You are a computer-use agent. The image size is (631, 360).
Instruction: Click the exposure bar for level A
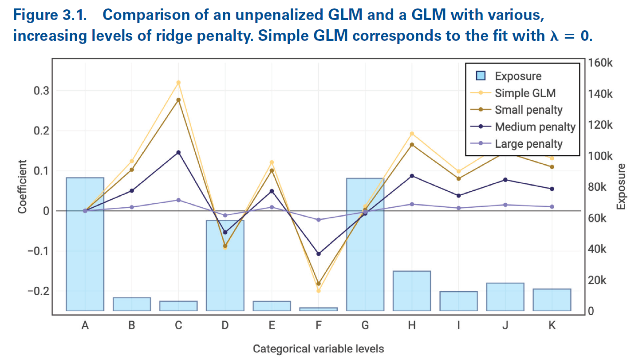pyautogui.click(x=85, y=244)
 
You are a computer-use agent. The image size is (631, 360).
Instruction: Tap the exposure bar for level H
pyautogui.click(x=412, y=291)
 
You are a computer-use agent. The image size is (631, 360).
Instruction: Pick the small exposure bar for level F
pyautogui.click(x=318, y=309)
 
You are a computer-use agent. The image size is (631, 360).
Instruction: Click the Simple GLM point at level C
pyautogui.click(x=178, y=83)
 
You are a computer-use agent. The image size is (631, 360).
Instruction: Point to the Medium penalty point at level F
pyautogui.click(x=318, y=254)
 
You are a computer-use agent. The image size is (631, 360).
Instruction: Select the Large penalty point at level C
pyautogui.click(x=178, y=200)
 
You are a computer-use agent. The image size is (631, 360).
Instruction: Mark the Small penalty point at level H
pyautogui.click(x=412, y=145)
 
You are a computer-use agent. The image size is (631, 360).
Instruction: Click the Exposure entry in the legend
pyautogui.click(x=518, y=76)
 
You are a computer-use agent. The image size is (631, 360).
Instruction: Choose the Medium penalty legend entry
pyautogui.click(x=535, y=127)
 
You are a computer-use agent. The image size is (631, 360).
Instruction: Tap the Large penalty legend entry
pyautogui.click(x=528, y=144)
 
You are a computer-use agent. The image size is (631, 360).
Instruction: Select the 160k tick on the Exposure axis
pyautogui.click(x=602, y=63)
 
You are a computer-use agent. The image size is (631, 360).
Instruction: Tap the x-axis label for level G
pyautogui.click(x=365, y=325)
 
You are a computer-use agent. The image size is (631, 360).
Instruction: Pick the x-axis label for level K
pyautogui.click(x=552, y=325)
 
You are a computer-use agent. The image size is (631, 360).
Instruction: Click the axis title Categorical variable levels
pyautogui.click(x=318, y=349)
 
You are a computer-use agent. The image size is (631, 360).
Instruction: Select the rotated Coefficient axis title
pyautogui.click(x=23, y=186)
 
